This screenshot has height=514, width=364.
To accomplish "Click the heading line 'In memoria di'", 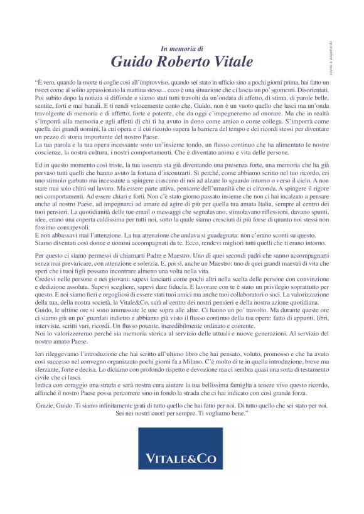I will pyautogui.click(x=182, y=48).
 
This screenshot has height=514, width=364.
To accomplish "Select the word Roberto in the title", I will pyautogui.click(x=185, y=61).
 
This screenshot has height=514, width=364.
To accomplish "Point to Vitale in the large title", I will pyautogui.click(x=233, y=61).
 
